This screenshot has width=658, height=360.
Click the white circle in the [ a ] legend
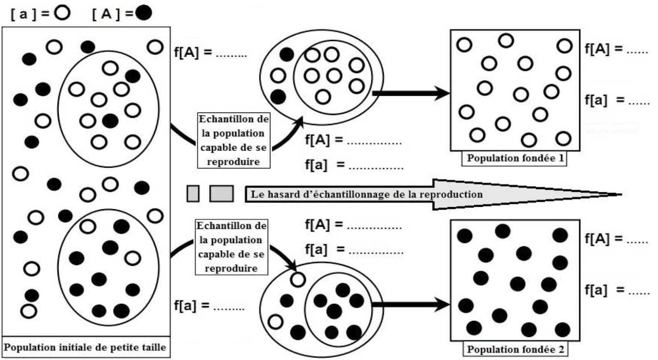(x=63, y=13)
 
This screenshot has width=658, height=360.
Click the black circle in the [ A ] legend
(x=144, y=14)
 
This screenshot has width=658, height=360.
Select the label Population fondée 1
(x=514, y=158)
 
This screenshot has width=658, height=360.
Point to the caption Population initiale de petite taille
(x=85, y=347)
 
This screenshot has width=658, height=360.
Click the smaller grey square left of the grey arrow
(x=193, y=194)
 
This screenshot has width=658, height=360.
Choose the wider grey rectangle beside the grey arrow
(x=222, y=194)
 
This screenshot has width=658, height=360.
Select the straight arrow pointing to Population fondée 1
(x=411, y=93)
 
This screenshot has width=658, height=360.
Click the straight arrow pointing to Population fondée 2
(x=411, y=305)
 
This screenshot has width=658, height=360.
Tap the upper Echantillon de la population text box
(x=234, y=140)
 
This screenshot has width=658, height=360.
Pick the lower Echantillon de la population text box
(x=232, y=247)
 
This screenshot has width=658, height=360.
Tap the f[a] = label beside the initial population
(x=192, y=305)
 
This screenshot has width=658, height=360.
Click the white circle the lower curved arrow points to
(x=298, y=280)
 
